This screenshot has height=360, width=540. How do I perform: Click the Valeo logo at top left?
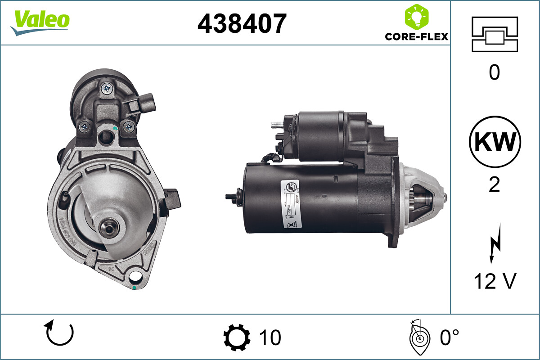tap(40, 22)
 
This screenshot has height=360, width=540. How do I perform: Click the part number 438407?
tap(242, 23)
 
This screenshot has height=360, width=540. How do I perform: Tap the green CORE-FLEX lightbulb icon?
tap(417, 17)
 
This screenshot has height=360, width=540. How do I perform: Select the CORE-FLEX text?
tap(417, 36)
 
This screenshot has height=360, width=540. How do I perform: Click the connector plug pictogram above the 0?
tap(495, 34)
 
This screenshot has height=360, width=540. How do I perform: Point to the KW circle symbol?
tap(495, 142)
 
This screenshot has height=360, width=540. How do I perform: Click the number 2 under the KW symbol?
tap(495, 185)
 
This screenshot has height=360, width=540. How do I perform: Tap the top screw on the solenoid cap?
tap(108, 89)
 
